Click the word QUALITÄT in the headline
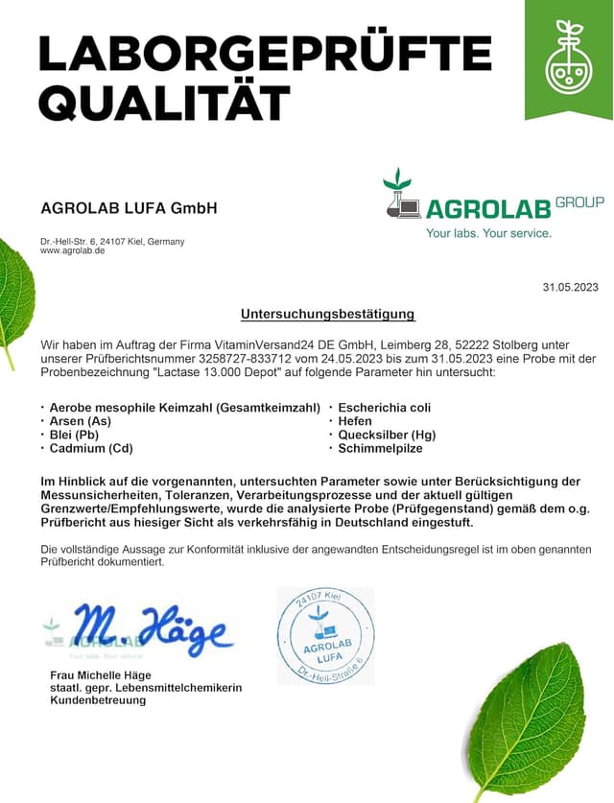(x=164, y=102)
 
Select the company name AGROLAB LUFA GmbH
(x=129, y=208)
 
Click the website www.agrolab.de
(x=73, y=251)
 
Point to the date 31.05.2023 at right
(x=570, y=287)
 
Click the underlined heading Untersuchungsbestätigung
(x=327, y=314)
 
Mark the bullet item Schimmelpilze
(x=380, y=448)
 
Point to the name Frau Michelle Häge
(x=101, y=675)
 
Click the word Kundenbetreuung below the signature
(x=98, y=700)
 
